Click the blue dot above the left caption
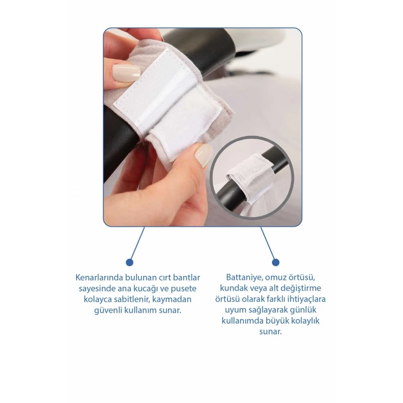coord(129,263)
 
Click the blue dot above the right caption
coord(275,263)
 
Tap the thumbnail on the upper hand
coord(126,73)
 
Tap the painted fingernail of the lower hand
coord(204,154)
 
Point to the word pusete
coord(184,289)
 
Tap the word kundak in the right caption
coord(232,288)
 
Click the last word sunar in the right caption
coord(270,331)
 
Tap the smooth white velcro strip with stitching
coord(151,87)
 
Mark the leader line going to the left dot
coord(138,243)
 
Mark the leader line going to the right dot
coord(268,243)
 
